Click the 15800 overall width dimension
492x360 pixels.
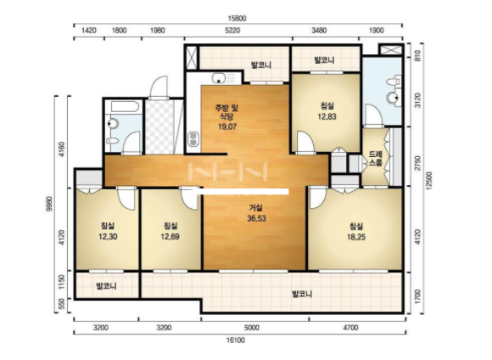(x=237, y=19)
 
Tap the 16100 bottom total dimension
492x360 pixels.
(x=235, y=340)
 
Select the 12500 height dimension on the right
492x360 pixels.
(x=428, y=181)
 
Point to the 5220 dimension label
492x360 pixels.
(x=232, y=31)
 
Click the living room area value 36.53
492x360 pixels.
(x=256, y=218)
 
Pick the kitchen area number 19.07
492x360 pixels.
(x=227, y=127)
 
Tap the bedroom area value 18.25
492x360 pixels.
(x=356, y=237)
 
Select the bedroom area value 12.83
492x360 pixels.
(x=327, y=116)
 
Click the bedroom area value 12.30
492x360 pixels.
(x=108, y=237)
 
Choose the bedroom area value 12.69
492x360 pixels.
(x=170, y=237)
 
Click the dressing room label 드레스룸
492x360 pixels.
(x=376, y=159)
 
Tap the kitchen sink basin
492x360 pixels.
(x=218, y=78)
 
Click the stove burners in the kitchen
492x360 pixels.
(x=193, y=139)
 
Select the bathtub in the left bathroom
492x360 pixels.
(x=125, y=107)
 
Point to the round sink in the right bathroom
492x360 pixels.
(x=393, y=98)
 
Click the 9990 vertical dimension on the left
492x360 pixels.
(x=50, y=204)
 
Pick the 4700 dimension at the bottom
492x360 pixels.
(x=350, y=328)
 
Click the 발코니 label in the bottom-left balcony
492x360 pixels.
(x=107, y=286)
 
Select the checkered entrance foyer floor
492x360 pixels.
(x=159, y=127)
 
